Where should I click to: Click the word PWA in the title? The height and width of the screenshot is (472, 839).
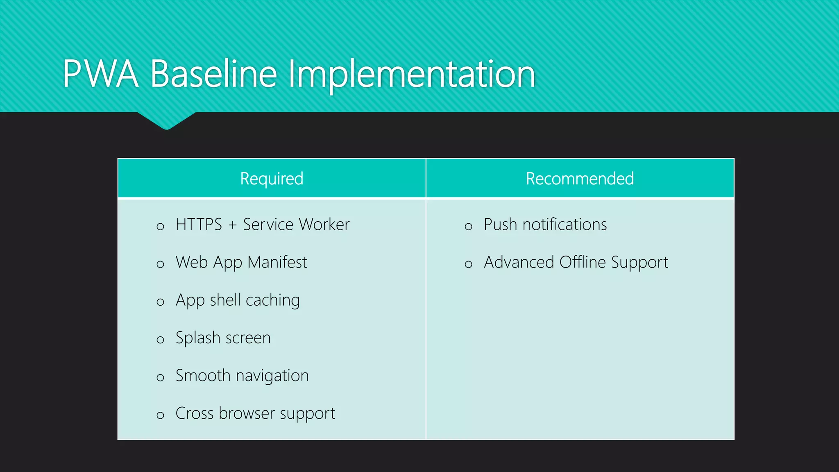100,74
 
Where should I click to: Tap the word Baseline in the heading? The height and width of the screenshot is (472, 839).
214,74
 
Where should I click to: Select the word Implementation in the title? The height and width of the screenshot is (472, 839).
412,74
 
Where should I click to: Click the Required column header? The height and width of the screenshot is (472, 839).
272,179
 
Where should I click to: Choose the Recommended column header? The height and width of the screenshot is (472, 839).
580,179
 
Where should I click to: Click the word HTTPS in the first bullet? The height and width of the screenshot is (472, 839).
199,225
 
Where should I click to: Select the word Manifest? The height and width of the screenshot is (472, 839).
277,262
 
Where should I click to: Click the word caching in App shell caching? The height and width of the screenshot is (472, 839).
273,300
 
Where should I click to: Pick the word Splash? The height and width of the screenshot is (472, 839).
198,338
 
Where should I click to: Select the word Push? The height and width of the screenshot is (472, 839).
500,225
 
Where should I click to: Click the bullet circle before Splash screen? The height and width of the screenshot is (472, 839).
160,340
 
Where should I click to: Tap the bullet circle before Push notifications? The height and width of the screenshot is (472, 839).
468,227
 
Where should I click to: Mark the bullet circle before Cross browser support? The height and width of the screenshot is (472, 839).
160,415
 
